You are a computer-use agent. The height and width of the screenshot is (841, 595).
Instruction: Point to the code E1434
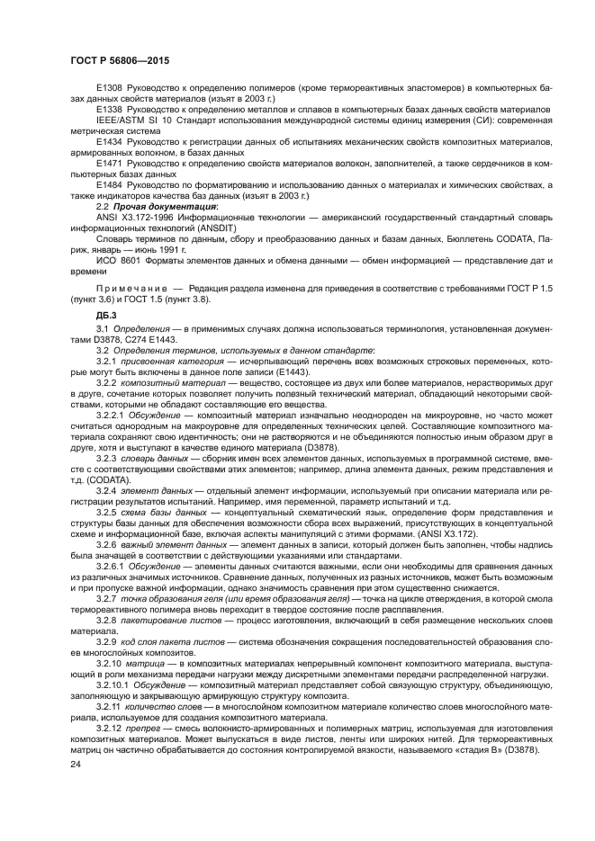point(108,141)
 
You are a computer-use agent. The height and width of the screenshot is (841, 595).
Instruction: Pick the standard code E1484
point(108,184)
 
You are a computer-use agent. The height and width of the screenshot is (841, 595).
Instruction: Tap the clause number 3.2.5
point(109,511)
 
